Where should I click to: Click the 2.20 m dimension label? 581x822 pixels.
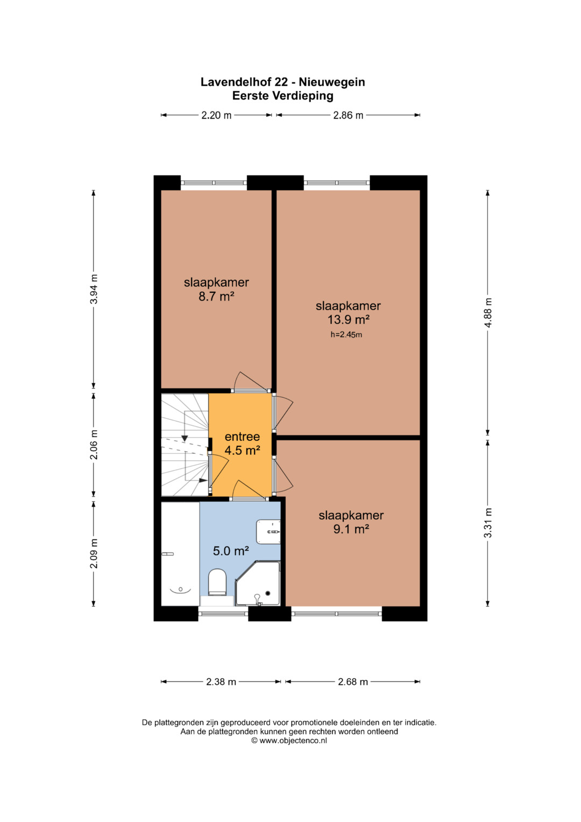[216, 115]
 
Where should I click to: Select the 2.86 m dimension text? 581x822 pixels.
[348, 115]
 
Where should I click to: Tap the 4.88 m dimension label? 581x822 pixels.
[488, 312]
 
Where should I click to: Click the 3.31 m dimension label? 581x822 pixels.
[488, 523]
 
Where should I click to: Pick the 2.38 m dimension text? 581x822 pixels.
[221, 682]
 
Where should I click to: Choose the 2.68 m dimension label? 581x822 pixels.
[353, 682]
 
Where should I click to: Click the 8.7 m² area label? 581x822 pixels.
[216, 296]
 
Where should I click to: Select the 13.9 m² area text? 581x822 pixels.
[348, 320]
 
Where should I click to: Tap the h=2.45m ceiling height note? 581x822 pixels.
[346, 335]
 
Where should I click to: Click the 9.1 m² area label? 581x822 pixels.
[351, 529]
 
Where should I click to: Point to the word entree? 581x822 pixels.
[242, 437]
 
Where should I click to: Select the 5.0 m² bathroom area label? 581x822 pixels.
[231, 551]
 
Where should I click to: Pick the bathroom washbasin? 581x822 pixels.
[268, 532]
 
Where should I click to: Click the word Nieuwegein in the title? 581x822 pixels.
[332, 82]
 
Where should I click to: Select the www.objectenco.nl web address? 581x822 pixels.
[293, 741]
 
